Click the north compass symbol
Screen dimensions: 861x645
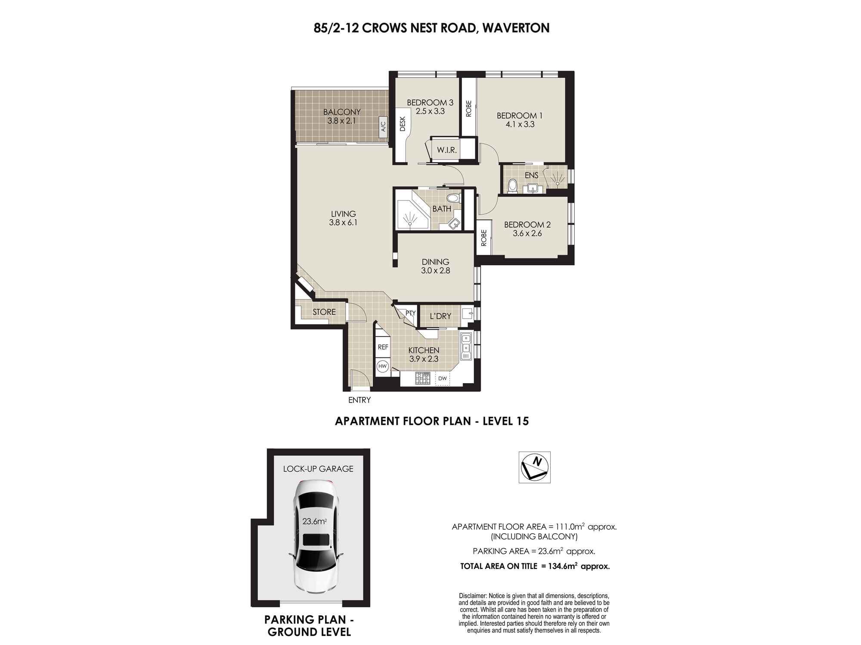coord(534,467)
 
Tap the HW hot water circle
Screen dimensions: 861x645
coord(382,366)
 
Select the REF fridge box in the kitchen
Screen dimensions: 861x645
coord(383,347)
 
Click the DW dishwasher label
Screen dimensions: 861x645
coord(443,379)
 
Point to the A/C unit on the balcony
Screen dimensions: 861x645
coord(383,126)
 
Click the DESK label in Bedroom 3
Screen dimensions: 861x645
coord(403,124)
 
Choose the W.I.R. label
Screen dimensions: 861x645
coord(447,150)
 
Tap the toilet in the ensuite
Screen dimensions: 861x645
coord(512,186)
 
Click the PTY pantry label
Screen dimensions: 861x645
coord(410,313)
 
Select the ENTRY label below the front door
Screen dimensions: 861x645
coord(359,400)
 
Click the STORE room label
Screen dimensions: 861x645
coord(324,312)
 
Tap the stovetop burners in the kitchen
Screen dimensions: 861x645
coord(423,379)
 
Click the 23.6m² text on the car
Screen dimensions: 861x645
coord(314,522)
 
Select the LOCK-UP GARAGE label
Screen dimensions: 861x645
coord(318,469)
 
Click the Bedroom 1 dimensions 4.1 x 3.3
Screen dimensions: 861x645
coord(520,124)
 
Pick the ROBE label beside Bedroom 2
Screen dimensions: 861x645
coord(484,238)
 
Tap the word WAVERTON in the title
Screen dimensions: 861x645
coord(516,28)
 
